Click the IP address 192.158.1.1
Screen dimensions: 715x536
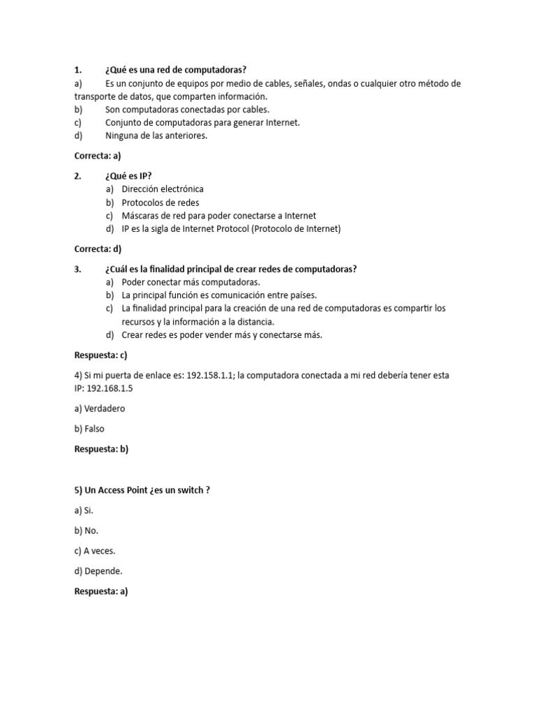click(211, 375)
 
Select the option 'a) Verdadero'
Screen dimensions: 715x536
click(100, 408)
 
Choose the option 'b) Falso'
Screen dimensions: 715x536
click(89, 429)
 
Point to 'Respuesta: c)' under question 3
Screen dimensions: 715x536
click(101, 355)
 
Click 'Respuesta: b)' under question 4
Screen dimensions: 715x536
click(102, 449)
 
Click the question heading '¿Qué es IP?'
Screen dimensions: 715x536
click(128, 176)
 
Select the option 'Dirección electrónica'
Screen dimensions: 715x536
click(162, 189)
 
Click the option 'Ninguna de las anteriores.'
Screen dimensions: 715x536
click(156, 136)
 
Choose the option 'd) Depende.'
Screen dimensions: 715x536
click(98, 571)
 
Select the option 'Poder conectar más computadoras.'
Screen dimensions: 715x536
click(191, 282)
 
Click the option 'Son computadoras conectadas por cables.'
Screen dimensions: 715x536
click(187, 110)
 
